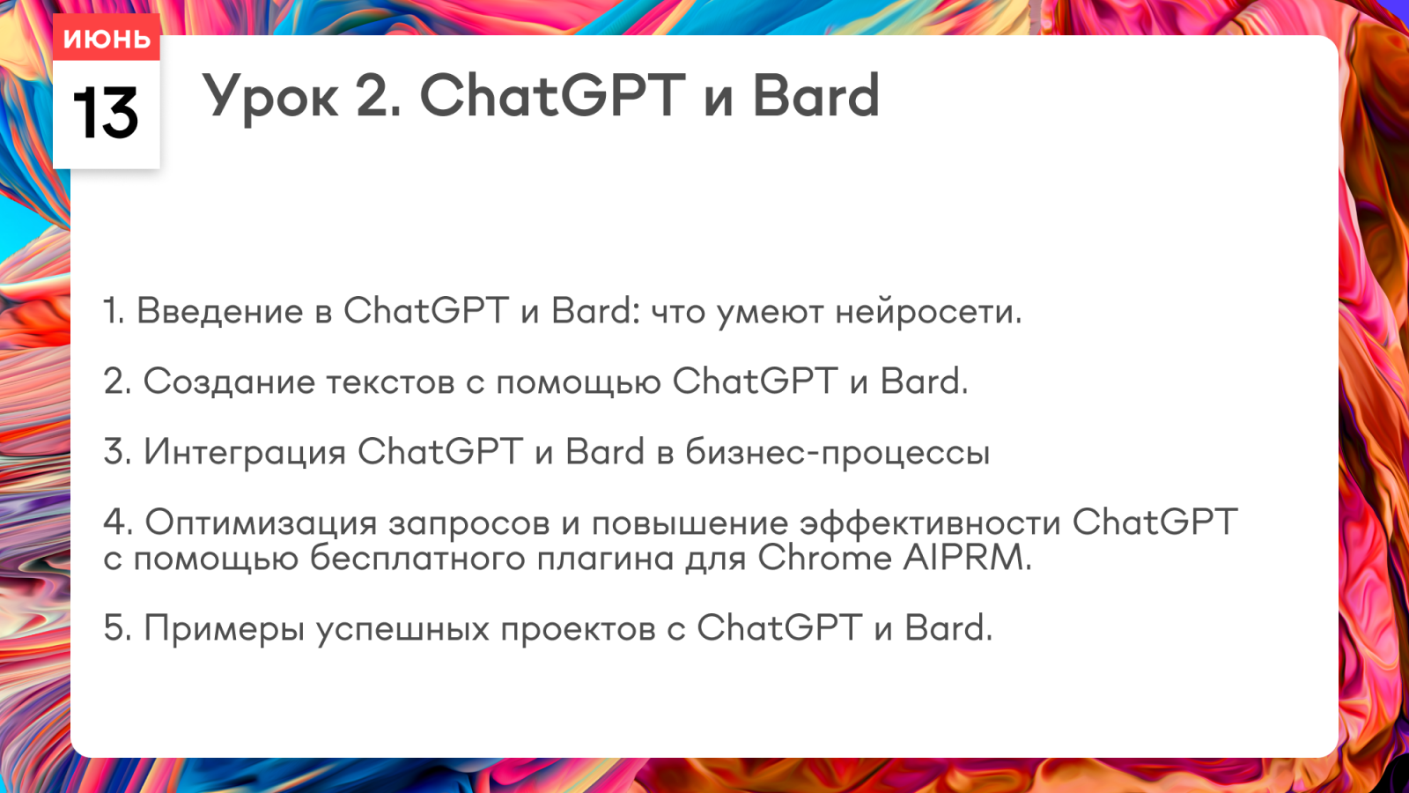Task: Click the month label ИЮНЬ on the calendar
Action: pyautogui.click(x=107, y=39)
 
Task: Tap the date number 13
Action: pyautogui.click(x=106, y=114)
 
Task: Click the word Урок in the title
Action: pyautogui.click(x=270, y=98)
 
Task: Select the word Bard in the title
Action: pyautogui.click(x=815, y=95)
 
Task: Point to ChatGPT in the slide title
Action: pyautogui.click(x=553, y=95)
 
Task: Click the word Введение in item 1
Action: pyautogui.click(x=220, y=311)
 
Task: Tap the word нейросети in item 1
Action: pyautogui.click(x=928, y=312)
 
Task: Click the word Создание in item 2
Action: pyautogui.click(x=229, y=382)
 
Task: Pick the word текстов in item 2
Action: pyautogui.click(x=390, y=383)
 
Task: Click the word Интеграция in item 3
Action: pyautogui.click(x=245, y=453)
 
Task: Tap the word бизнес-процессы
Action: pyautogui.click(x=837, y=453)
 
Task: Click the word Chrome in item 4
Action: pyautogui.click(x=824, y=559)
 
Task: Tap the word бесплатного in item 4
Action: pyautogui.click(x=417, y=559)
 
